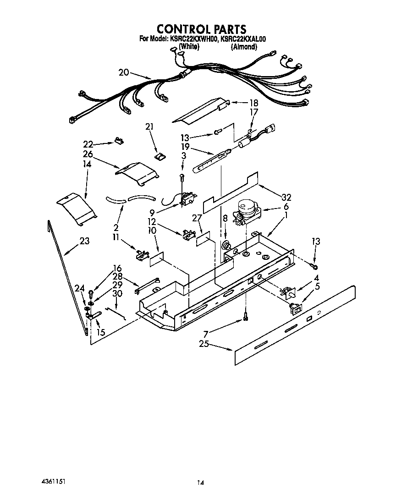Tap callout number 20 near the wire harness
click(x=124, y=72)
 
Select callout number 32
click(x=286, y=198)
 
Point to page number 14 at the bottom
click(x=200, y=482)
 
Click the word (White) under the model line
click(x=188, y=46)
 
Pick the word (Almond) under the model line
click(x=244, y=46)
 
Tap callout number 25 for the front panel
click(x=204, y=343)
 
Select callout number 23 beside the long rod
click(x=84, y=241)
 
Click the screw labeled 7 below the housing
click(x=246, y=316)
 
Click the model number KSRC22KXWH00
click(x=194, y=39)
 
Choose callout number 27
click(x=197, y=218)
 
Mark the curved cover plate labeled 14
click(x=76, y=209)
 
